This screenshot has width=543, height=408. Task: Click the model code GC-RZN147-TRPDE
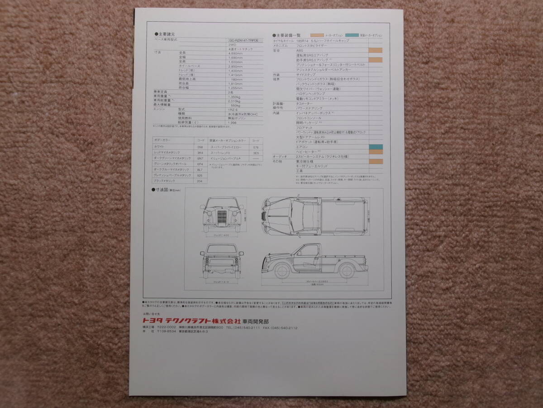click(x=244, y=40)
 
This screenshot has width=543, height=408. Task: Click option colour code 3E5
click(x=256, y=153)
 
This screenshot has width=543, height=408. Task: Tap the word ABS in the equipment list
click(x=300, y=50)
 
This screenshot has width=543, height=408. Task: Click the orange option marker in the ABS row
click(x=375, y=50)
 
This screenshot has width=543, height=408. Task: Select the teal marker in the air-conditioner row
click(x=375, y=147)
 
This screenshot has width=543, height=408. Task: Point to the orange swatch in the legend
click(x=317, y=35)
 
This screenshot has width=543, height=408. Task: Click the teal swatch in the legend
click(x=352, y=35)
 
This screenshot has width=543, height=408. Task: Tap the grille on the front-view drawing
click(x=222, y=217)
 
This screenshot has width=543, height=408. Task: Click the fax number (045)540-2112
click(x=285, y=327)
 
